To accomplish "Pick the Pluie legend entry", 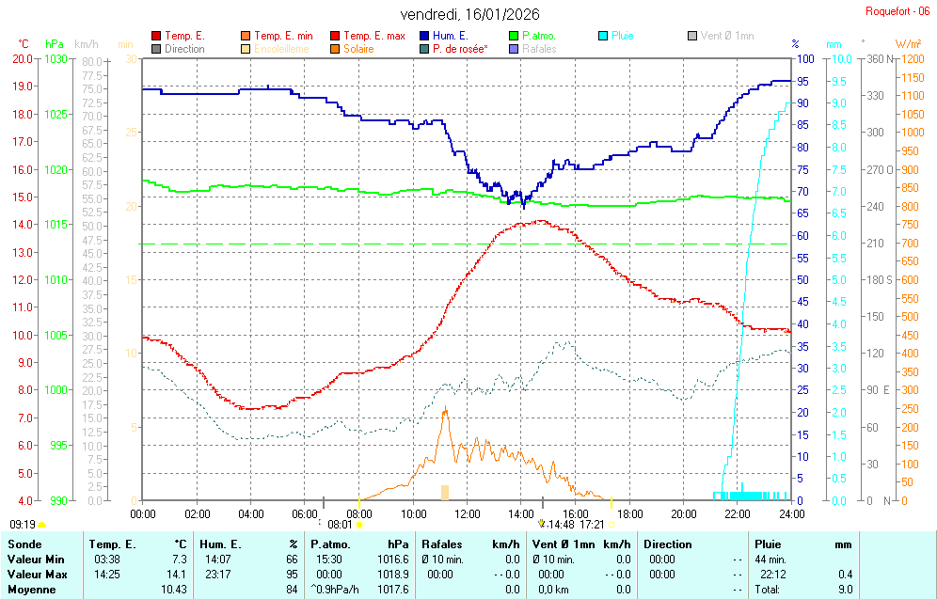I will point(622,36).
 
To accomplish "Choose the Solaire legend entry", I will point(357,49).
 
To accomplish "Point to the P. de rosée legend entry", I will point(459,49).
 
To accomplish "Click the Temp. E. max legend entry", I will point(373,36).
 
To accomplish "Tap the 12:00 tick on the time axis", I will point(468,514).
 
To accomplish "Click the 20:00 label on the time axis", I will point(684,514).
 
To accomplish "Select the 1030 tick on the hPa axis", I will point(56,58).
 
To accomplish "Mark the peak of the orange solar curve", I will point(445,407).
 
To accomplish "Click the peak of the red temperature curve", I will point(539,221).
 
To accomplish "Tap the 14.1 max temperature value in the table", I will point(178,575).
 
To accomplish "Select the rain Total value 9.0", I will point(845,590).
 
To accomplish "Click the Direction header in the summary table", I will point(668,544).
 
